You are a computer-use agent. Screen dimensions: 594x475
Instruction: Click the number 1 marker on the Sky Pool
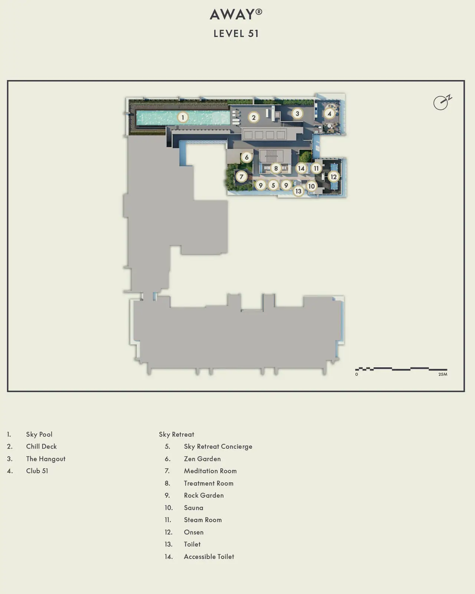pyautogui.click(x=182, y=118)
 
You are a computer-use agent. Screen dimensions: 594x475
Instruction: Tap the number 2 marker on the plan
pyautogui.click(x=254, y=118)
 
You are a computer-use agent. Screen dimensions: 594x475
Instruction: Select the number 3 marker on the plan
pyautogui.click(x=297, y=114)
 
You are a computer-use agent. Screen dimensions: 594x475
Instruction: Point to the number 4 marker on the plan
pyautogui.click(x=330, y=114)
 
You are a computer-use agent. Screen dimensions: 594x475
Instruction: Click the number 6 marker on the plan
pyautogui.click(x=247, y=157)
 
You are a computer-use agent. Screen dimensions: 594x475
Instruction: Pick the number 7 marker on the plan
pyautogui.click(x=242, y=177)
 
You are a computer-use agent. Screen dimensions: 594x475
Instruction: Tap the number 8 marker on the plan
pyautogui.click(x=276, y=168)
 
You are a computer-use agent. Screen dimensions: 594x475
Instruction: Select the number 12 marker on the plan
pyautogui.click(x=333, y=177)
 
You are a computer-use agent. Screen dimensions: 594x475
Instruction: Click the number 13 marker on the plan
pyautogui.click(x=298, y=191)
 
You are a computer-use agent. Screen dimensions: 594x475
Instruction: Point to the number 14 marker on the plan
pyautogui.click(x=301, y=168)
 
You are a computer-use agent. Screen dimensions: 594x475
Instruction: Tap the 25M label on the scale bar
pyautogui.click(x=443, y=374)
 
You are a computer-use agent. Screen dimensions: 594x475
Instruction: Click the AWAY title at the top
pyautogui.click(x=236, y=14)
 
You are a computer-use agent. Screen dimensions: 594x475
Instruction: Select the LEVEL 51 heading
pyautogui.click(x=236, y=34)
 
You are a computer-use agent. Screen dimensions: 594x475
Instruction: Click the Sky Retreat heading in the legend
pyautogui.click(x=177, y=434)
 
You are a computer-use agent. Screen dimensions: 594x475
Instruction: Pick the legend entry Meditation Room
pyautogui.click(x=210, y=471)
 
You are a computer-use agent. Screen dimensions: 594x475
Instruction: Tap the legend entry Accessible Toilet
pyautogui.click(x=209, y=557)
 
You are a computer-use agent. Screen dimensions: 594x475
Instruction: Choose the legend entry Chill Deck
pyautogui.click(x=41, y=447)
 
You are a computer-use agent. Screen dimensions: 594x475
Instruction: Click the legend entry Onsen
pyautogui.click(x=194, y=532)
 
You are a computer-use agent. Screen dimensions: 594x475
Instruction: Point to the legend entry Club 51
pyautogui.click(x=37, y=471)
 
